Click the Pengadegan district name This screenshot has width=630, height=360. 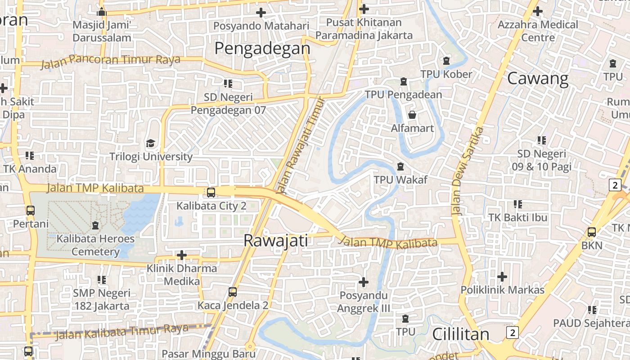click(262, 48)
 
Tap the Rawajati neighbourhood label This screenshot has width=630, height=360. click(275, 240)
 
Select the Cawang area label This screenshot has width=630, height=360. click(538, 79)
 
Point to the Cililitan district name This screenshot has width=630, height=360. click(460, 334)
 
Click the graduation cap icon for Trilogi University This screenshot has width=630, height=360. click(150, 144)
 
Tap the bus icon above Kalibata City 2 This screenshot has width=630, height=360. click(211, 193)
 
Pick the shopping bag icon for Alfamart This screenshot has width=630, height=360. click(412, 115)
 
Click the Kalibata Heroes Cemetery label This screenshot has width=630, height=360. click(95, 245)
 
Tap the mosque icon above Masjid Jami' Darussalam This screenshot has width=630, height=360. click(102, 11)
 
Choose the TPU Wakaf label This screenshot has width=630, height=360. click(400, 180)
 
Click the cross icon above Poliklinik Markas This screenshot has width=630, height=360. click(502, 276)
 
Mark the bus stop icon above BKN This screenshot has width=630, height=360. click(591, 232)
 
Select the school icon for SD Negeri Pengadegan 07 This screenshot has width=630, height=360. click(228, 83)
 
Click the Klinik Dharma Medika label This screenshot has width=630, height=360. click(182, 274)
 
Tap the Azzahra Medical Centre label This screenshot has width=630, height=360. click(538, 31)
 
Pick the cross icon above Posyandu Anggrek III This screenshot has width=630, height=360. click(363, 282)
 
